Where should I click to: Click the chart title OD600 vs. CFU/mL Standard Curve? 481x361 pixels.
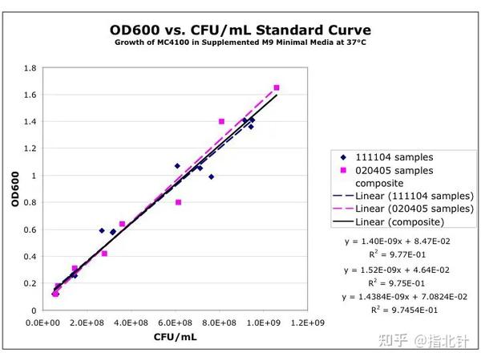pos(240,30)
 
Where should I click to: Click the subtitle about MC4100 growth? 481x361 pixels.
pos(240,44)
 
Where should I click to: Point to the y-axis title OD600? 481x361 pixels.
pos(15,190)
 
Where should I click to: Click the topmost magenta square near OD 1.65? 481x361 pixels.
pos(277,87)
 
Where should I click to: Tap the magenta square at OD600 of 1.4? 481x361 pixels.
pos(221,121)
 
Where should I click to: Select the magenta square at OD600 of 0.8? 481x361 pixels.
pos(178,202)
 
